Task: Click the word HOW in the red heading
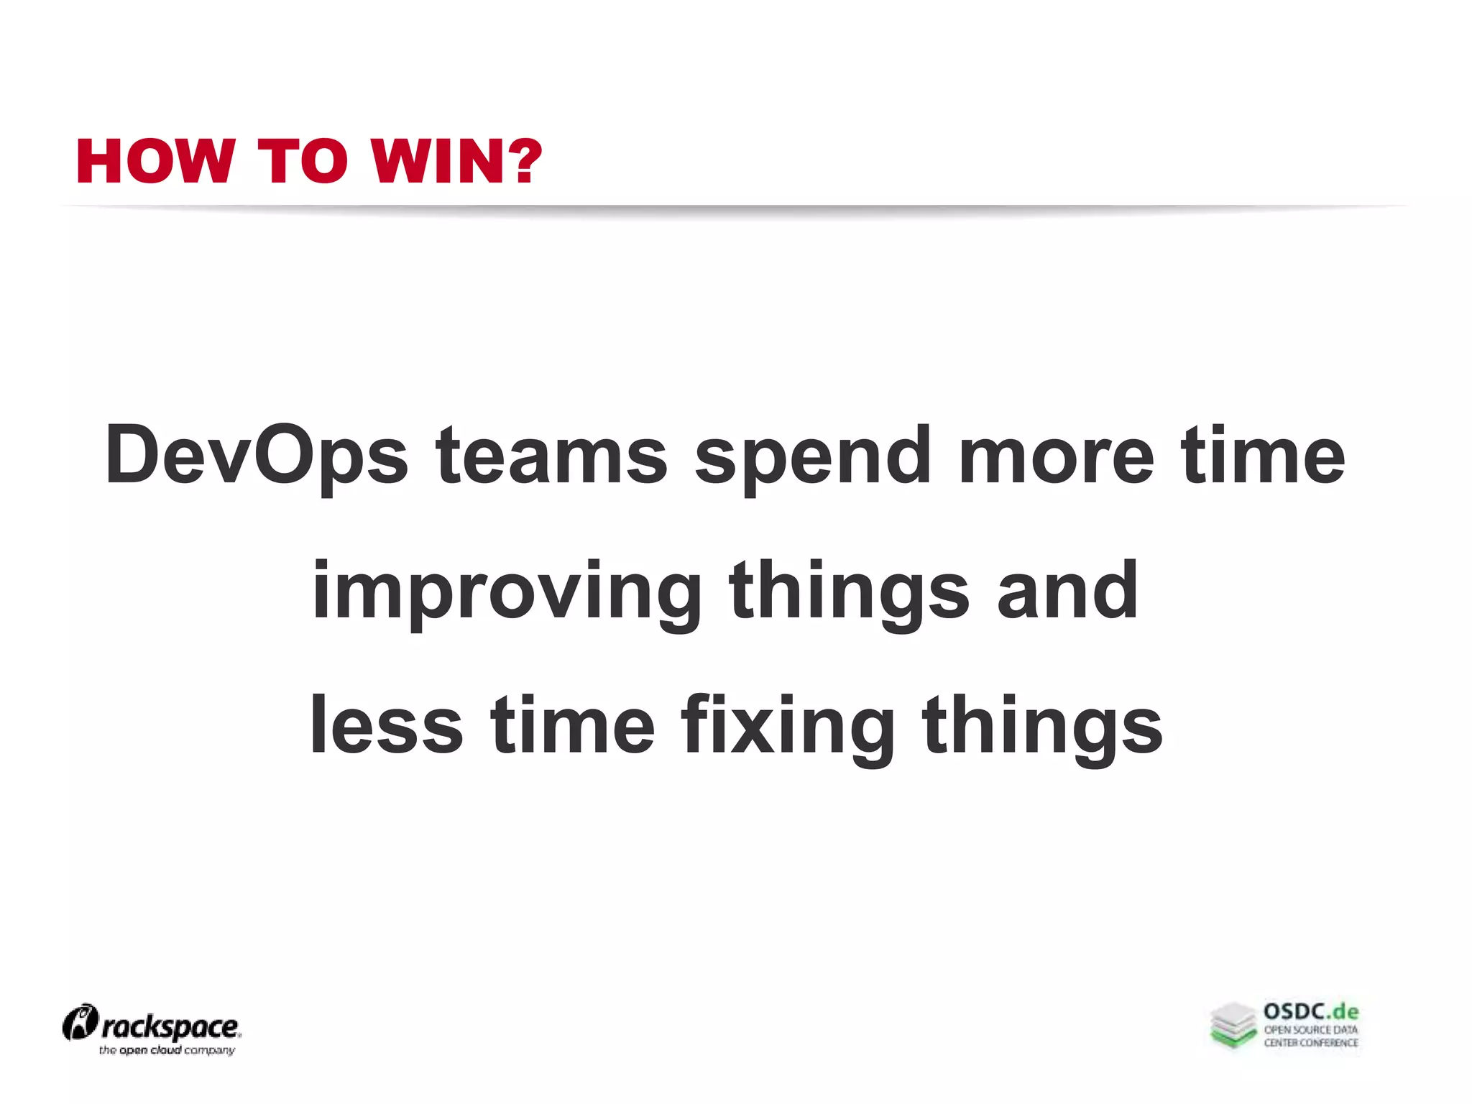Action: tap(155, 162)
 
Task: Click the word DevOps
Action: tap(257, 456)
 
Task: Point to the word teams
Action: tap(551, 456)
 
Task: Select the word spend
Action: tap(813, 456)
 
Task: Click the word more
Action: tap(1056, 456)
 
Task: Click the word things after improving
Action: tap(849, 592)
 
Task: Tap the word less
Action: tap(386, 726)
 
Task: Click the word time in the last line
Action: tap(572, 726)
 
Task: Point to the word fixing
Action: tap(788, 726)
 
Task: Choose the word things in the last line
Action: tap(1042, 726)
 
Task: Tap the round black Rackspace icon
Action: tap(80, 1023)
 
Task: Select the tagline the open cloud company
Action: tap(167, 1050)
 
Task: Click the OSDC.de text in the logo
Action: tap(1311, 1012)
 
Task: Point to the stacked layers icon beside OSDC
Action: tap(1233, 1025)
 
